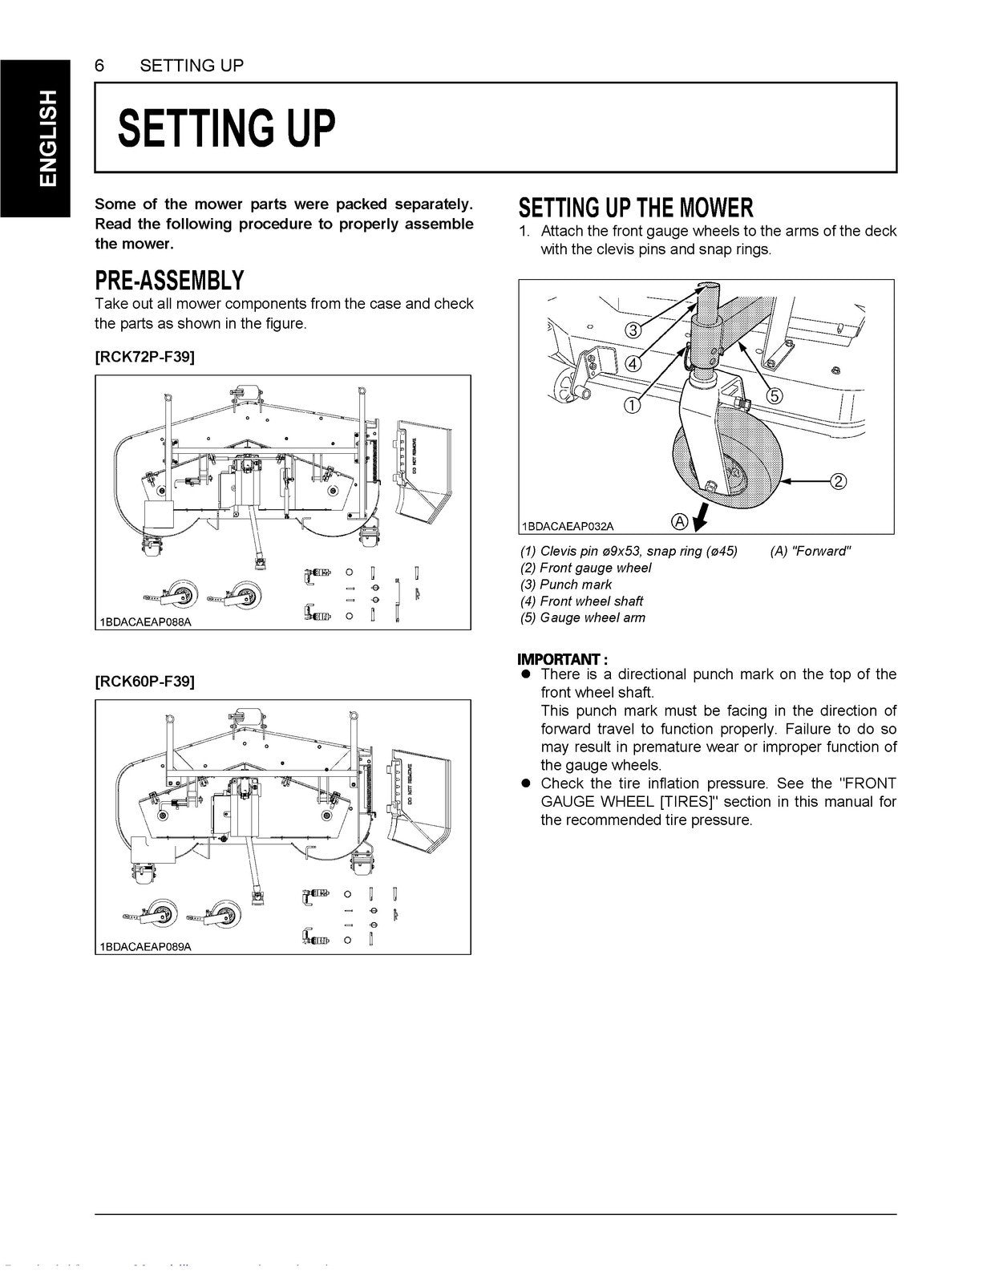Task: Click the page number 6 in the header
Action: [99, 66]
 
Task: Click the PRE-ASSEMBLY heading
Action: [169, 281]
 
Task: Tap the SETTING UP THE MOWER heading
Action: [636, 208]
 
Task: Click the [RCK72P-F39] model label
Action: [144, 357]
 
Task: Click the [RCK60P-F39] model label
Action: [144, 682]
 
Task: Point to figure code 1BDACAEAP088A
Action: [147, 622]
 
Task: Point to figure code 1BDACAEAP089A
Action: [147, 946]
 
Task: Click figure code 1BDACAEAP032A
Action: [568, 526]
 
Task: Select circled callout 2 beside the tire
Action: [838, 481]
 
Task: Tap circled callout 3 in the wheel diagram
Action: [632, 330]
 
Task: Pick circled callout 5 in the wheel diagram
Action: [775, 395]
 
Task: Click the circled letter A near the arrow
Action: [678, 522]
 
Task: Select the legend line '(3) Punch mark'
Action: [566, 585]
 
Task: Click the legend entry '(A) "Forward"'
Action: [811, 551]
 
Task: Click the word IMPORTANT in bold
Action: [559, 659]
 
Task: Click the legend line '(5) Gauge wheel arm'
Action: [583, 617]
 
